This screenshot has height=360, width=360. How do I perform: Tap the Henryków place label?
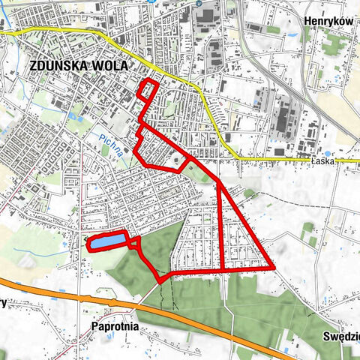click(329, 22)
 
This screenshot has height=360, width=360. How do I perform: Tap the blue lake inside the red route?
click(109, 241)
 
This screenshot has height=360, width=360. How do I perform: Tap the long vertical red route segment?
click(222, 225)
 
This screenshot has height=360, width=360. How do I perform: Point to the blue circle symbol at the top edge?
click(198, 3)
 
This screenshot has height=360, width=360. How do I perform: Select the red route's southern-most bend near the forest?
click(160, 280)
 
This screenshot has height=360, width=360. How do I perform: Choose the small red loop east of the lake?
click(135, 241)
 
